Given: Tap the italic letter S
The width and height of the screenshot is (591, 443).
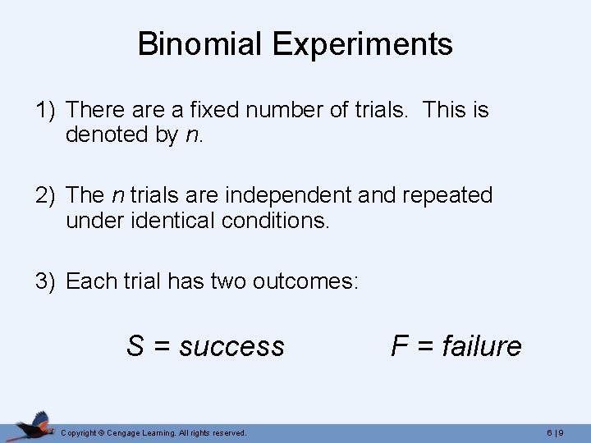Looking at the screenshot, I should (x=135, y=345).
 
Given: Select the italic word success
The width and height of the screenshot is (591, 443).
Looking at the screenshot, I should (x=231, y=346).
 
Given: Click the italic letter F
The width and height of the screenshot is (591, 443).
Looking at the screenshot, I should (x=401, y=345).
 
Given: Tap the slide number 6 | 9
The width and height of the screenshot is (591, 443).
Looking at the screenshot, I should (x=564, y=432).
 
